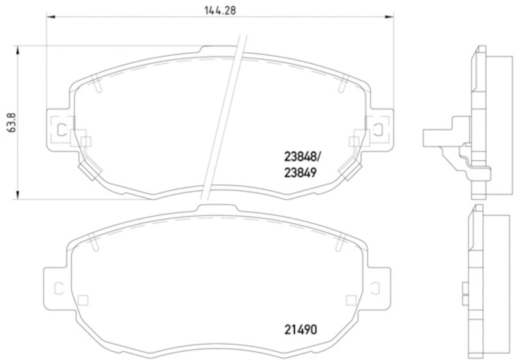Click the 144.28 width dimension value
point(216,10)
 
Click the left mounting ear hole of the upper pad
point(61,128)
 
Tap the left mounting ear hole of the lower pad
point(57,288)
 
